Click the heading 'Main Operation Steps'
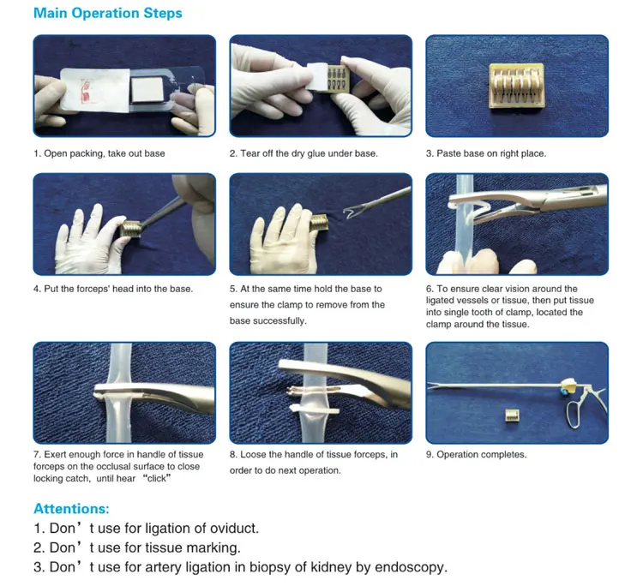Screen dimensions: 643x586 [x=108, y=13]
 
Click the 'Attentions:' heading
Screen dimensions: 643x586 [x=71, y=509]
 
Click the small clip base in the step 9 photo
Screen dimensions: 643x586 [x=512, y=416]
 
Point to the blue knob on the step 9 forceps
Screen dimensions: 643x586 [x=564, y=392]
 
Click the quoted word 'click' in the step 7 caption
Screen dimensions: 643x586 [x=156, y=478]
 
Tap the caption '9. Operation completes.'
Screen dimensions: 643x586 [x=476, y=454]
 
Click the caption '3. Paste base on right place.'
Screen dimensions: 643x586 [x=486, y=153]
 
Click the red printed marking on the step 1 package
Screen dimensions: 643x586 [x=85, y=91]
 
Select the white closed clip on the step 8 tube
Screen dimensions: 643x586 [x=315, y=410]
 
